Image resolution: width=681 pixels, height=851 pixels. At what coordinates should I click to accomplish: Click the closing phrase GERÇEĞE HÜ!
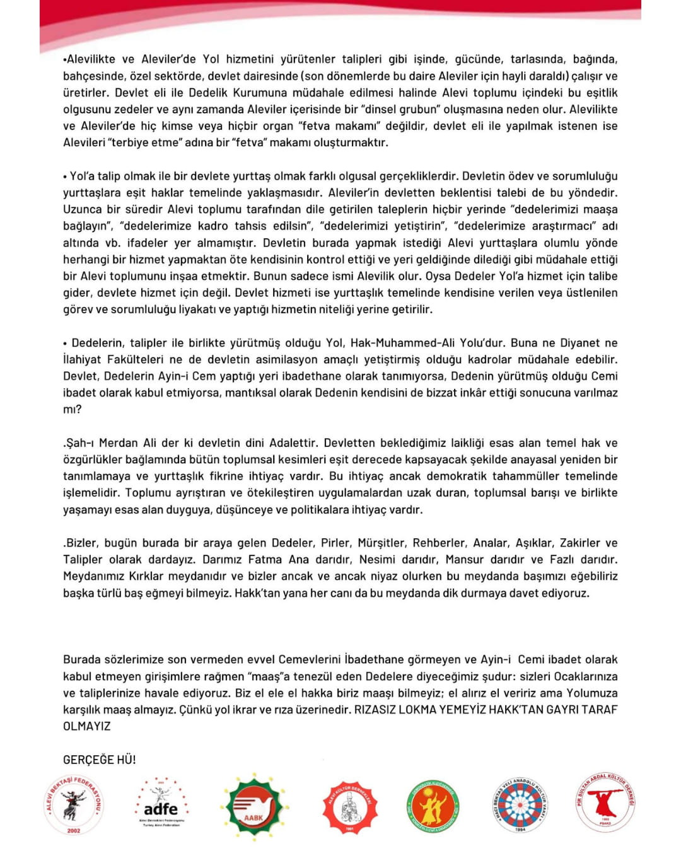(100, 760)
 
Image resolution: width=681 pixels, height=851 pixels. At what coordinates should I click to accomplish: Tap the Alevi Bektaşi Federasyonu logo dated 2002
(74, 805)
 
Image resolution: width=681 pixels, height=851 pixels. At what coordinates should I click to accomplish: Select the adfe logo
(161, 805)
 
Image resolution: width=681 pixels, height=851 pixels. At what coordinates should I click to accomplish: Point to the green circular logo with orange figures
(433, 806)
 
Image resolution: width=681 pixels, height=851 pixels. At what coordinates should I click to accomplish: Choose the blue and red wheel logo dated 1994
(520, 805)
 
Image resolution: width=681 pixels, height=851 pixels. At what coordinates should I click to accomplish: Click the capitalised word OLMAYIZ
(87, 726)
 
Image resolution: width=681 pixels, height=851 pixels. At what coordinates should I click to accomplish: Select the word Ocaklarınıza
(586, 676)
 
